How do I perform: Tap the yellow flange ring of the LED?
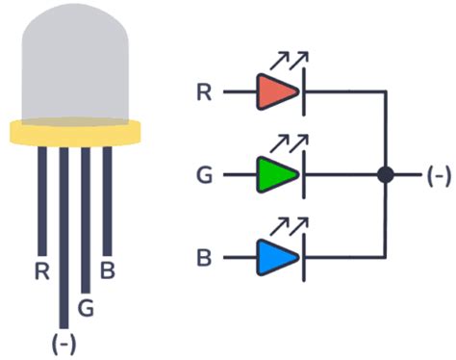[x=75, y=133]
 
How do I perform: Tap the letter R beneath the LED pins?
[x=40, y=271]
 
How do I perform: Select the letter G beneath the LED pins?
[x=86, y=309]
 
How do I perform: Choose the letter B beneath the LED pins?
[x=108, y=271]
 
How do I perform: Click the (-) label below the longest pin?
[x=63, y=343]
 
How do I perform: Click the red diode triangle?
[x=277, y=92]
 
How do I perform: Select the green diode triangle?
[x=277, y=175]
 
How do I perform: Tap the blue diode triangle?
[x=277, y=258]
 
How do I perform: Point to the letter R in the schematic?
[x=204, y=92]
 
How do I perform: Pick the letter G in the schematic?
[x=204, y=175]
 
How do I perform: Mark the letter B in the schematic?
[x=204, y=258]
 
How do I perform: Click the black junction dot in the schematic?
[x=386, y=175]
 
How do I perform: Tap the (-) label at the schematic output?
[x=438, y=175]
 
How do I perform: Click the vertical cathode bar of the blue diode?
[x=303, y=258]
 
